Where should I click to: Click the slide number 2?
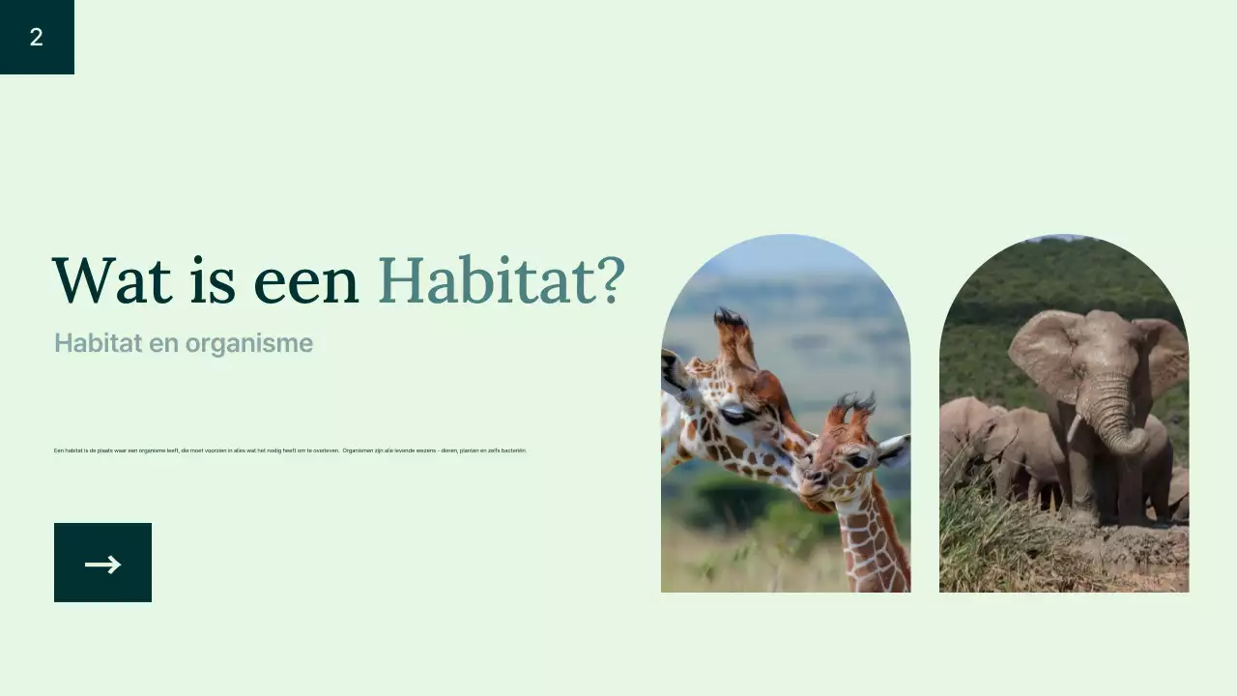tap(37, 38)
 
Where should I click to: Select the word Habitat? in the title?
tap(502, 280)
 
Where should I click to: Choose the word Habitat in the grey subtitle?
tap(92, 343)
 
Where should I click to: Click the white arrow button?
tap(102, 563)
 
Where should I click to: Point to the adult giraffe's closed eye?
tap(734, 414)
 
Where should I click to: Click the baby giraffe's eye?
tap(856, 460)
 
